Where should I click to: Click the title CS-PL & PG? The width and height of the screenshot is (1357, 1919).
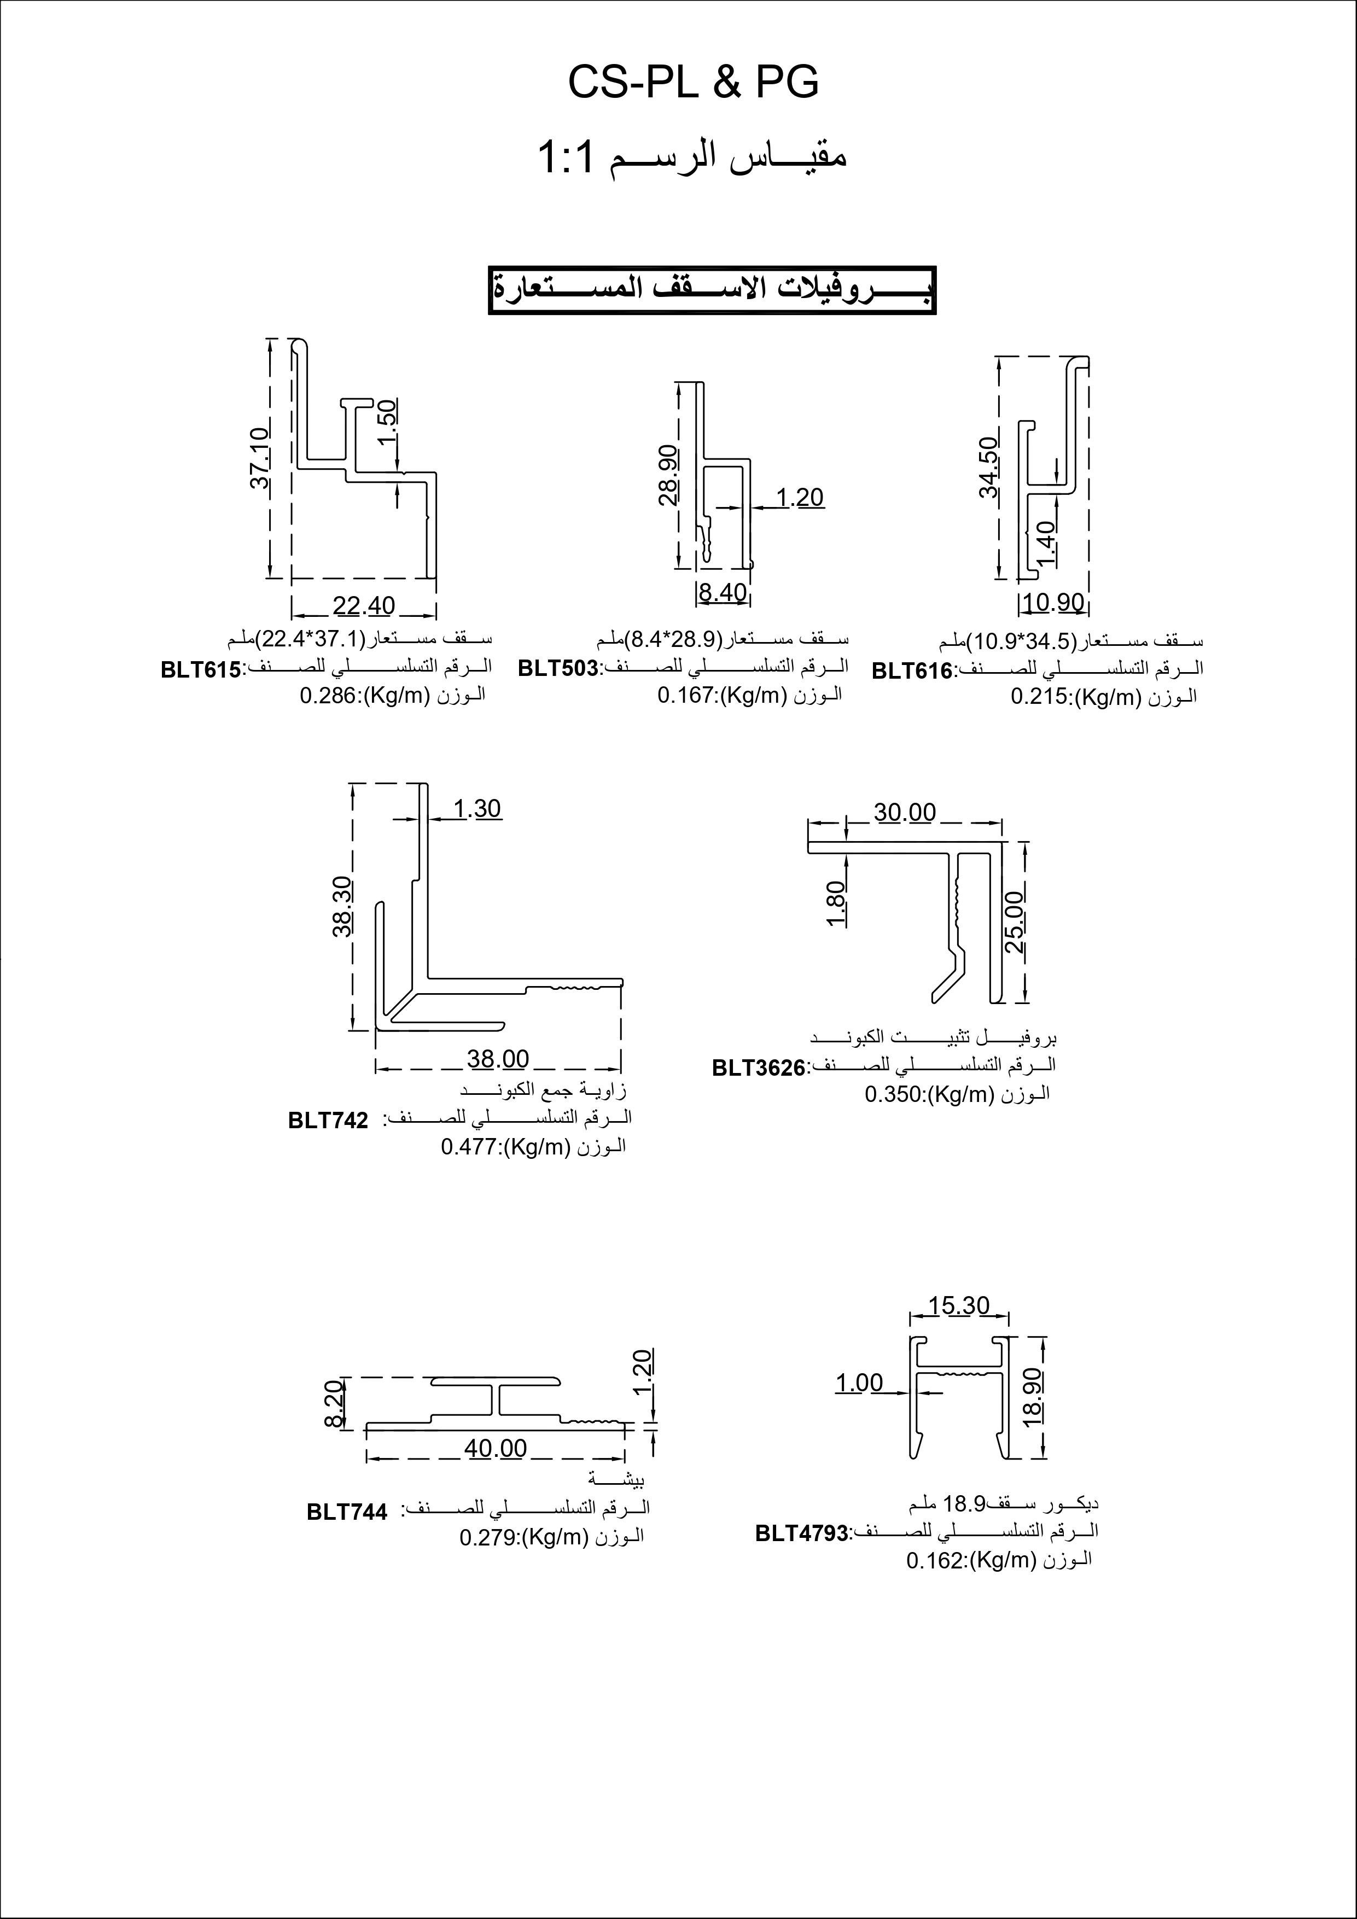(x=693, y=83)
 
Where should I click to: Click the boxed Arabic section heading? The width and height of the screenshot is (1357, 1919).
(x=712, y=290)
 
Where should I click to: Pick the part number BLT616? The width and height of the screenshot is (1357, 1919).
(x=911, y=671)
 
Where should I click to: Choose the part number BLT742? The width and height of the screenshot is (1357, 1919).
(x=328, y=1121)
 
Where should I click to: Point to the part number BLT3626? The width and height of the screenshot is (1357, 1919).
(x=758, y=1068)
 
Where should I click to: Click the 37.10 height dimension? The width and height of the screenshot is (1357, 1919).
(x=260, y=458)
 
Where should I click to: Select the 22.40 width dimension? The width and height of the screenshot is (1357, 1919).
(x=364, y=605)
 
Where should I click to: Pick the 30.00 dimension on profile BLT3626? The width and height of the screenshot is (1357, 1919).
(x=905, y=813)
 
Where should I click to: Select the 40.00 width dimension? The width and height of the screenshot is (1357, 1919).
(x=496, y=1448)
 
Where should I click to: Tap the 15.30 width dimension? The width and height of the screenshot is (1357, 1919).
(x=958, y=1305)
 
